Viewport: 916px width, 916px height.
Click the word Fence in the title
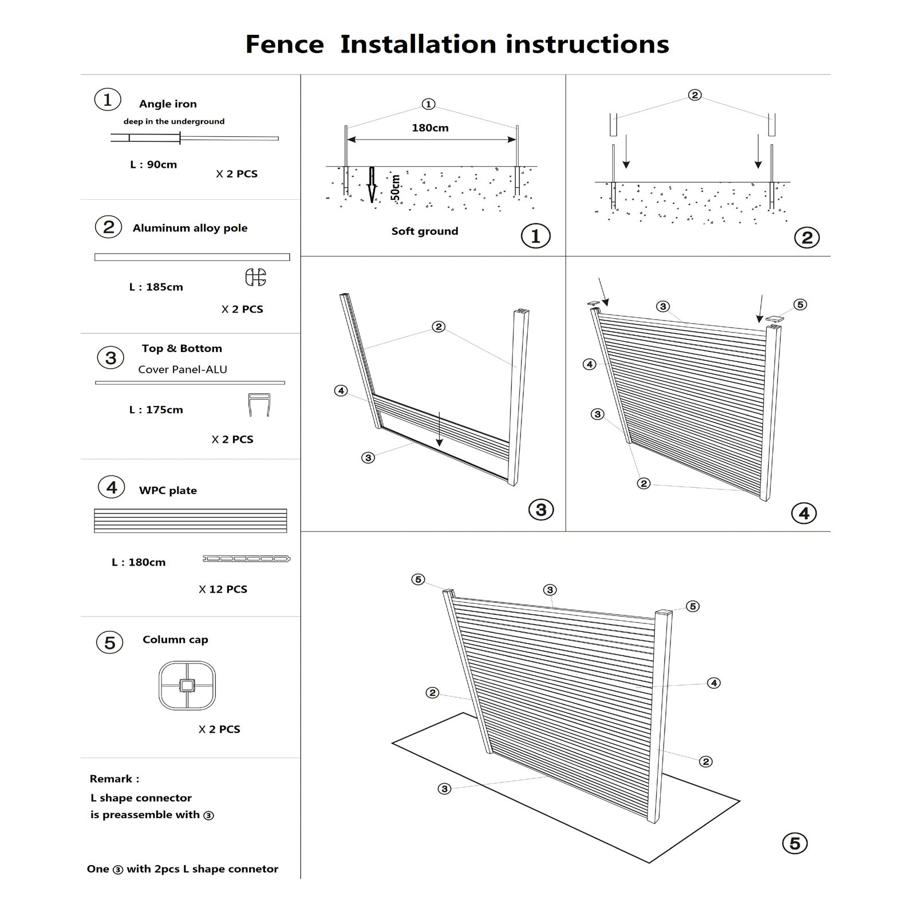[285, 45]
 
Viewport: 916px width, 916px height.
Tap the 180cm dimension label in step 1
[430, 128]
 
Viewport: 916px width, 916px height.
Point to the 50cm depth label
[395, 188]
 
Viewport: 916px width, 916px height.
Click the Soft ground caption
[425, 231]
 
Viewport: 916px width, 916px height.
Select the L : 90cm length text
[153, 165]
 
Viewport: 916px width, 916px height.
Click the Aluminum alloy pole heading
[190, 228]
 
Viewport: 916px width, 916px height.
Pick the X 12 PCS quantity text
[223, 589]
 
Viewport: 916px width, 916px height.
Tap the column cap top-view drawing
[188, 685]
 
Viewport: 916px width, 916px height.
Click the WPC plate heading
[168, 491]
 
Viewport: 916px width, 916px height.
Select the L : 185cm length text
[156, 287]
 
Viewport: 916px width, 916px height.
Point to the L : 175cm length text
[156, 410]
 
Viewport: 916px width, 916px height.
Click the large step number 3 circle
[541, 510]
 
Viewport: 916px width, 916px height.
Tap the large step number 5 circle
[795, 843]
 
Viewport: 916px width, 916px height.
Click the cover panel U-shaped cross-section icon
[259, 405]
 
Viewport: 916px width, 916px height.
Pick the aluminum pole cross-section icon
[255, 277]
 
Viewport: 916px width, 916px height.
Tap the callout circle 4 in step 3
[341, 391]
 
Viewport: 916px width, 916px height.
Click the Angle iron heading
[168, 104]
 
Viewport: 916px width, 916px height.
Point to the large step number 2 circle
[807, 238]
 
